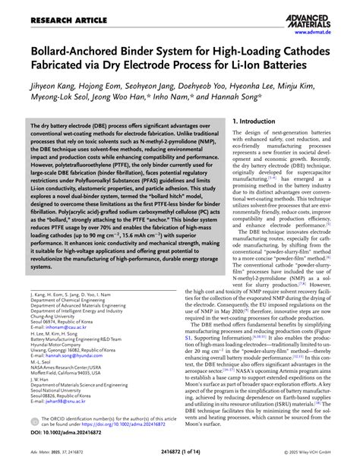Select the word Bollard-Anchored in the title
click(x=72, y=52)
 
